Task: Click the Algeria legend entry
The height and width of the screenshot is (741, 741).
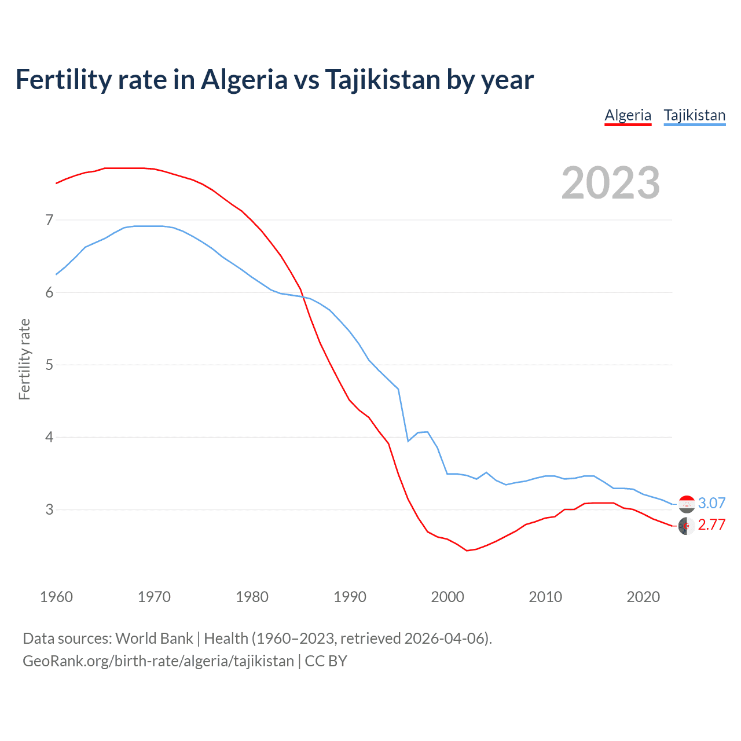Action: (x=628, y=115)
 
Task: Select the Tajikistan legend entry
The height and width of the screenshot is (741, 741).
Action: (x=694, y=115)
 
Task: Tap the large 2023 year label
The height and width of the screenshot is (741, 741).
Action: (x=610, y=183)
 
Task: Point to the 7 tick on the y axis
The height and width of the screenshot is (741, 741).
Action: (x=49, y=220)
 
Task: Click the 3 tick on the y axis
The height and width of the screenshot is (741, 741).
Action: (x=49, y=509)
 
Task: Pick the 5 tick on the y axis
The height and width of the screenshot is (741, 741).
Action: (x=49, y=365)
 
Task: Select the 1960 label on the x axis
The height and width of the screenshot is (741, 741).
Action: (x=56, y=597)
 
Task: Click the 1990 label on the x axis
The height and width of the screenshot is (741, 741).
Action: (x=350, y=597)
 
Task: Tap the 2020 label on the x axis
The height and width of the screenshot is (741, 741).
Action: (x=643, y=597)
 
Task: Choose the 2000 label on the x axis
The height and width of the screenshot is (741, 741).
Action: (x=447, y=597)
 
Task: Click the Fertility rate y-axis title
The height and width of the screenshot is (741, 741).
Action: (x=24, y=359)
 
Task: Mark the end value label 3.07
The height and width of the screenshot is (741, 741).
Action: (x=711, y=503)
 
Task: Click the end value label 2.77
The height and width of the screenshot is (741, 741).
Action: (x=711, y=524)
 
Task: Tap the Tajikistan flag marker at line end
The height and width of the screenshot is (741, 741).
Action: (x=687, y=504)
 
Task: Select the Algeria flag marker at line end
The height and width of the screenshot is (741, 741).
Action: (x=687, y=526)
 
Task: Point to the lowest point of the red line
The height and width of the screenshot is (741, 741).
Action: (x=467, y=551)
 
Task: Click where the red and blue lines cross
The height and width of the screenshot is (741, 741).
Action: (x=302, y=296)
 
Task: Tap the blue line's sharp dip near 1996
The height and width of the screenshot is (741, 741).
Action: (x=408, y=441)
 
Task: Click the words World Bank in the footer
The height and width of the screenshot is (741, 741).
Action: (x=154, y=638)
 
